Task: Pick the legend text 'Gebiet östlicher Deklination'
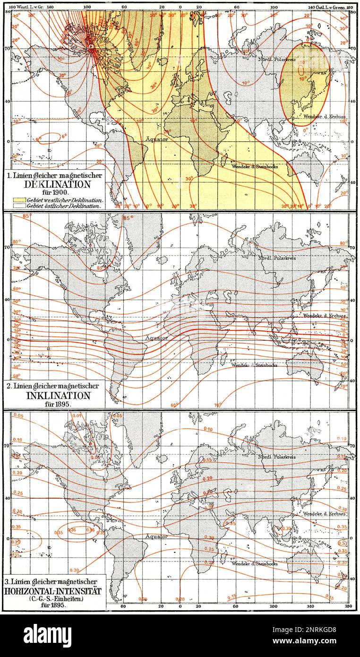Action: tap(65, 206)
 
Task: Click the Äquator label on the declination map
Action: tap(156, 139)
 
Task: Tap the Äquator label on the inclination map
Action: tap(156, 338)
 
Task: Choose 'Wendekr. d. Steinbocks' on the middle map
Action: tap(254, 365)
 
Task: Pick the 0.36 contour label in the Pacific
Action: tap(72, 529)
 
